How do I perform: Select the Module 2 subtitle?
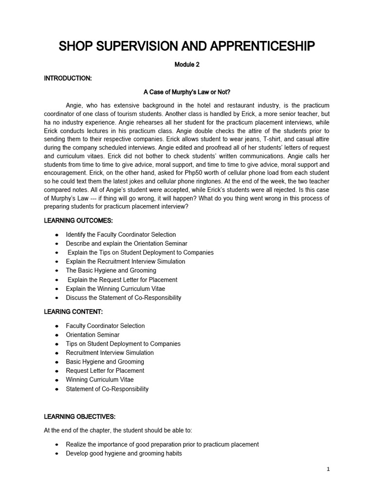click(187, 65)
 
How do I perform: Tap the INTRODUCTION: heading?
click(68, 78)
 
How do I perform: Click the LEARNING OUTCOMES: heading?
click(78, 221)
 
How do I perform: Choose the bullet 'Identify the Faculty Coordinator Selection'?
click(121, 234)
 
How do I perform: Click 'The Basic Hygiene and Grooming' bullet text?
click(111, 270)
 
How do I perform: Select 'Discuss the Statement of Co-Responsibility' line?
click(124, 297)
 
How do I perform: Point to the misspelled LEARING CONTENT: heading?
click(74, 311)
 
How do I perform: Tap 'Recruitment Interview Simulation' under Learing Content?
click(110, 352)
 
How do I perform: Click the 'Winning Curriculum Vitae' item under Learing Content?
click(100, 380)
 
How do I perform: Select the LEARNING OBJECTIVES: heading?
click(80, 417)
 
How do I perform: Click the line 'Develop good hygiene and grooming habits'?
click(124, 453)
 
